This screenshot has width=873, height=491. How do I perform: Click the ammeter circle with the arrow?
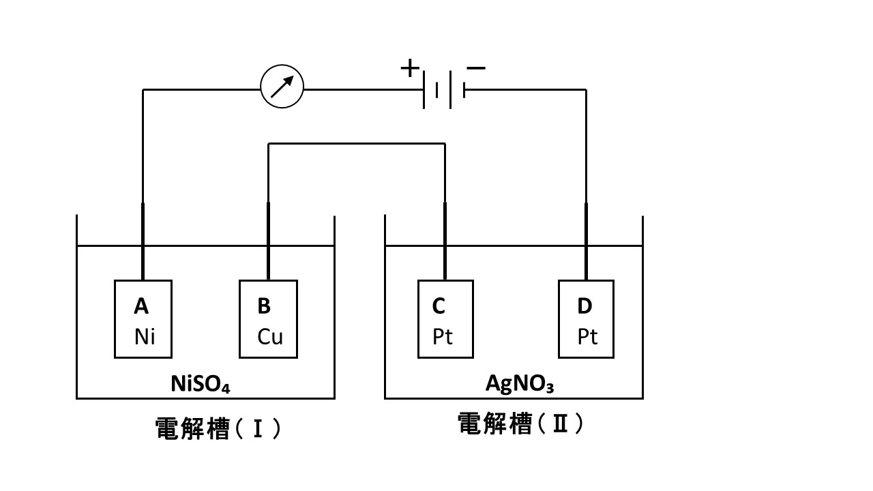point(282,87)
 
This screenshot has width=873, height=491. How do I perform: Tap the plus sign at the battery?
point(409,68)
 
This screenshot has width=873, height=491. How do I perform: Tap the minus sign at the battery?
point(476,68)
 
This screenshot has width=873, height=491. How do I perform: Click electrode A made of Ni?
point(143,319)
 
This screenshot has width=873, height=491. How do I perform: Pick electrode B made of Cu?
point(268,319)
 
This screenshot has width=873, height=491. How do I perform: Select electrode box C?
point(445,319)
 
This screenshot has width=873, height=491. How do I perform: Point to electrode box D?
point(586,319)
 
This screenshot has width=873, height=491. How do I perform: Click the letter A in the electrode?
point(141,307)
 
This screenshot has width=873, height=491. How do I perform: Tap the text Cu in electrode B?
point(270,337)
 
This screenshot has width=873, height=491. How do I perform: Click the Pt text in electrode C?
point(443,337)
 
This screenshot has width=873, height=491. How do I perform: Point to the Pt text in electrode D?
point(587,337)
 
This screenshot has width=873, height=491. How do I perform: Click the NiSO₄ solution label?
point(200,385)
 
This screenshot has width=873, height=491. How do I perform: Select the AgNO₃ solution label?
point(519,384)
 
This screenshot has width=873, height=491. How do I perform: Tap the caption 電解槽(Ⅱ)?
point(521,424)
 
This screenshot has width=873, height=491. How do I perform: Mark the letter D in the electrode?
point(585,307)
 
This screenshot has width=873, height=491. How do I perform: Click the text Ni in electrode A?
point(145,337)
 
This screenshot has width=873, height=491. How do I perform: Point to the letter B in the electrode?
point(264,307)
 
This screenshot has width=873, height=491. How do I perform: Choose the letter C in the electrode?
point(439,307)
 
